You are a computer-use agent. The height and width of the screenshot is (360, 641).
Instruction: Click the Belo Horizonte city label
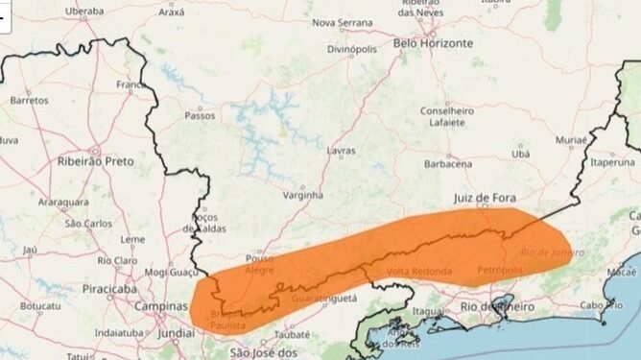[x=434, y=43]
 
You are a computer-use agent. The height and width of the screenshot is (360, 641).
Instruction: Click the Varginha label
[x=303, y=195]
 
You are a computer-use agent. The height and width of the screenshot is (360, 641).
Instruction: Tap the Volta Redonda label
[x=418, y=272]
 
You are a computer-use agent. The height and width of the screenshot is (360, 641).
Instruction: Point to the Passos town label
[x=200, y=115]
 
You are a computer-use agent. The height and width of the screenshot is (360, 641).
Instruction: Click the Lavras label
[x=340, y=151]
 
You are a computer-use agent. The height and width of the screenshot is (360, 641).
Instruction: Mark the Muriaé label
[x=570, y=140]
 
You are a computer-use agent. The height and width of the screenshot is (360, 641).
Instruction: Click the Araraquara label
[x=62, y=204]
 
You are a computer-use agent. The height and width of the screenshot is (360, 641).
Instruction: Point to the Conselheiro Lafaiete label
[x=447, y=115]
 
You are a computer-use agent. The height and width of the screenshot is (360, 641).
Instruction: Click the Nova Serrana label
[x=343, y=22]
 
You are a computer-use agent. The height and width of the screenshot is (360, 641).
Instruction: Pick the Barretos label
[x=29, y=100]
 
